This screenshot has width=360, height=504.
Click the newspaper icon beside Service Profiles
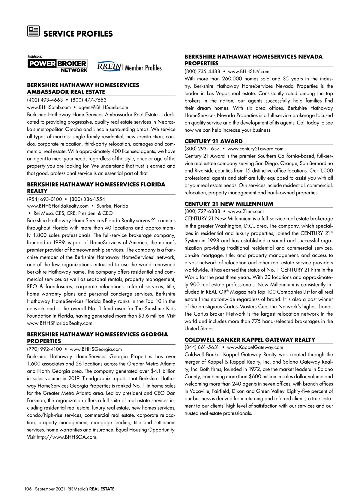coord(33,31)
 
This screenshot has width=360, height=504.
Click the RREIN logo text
coord(109,67)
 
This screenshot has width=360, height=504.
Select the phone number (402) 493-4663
coord(45,100)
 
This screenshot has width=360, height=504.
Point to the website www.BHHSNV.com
coord(248,71)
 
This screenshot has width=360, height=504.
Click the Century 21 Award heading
coord(213,141)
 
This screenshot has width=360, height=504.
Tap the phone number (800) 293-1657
coord(202,148)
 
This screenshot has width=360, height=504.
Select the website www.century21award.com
coord(255,148)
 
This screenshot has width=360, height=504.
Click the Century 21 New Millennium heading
coord(229,204)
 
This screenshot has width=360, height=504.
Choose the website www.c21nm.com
coord(246,211)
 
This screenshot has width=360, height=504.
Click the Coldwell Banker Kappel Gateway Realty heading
coord(250,340)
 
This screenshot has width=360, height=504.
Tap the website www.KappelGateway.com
coord(255,347)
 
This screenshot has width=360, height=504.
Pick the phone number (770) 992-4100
coord(44,349)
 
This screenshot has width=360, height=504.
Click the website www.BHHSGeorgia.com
coord(96,349)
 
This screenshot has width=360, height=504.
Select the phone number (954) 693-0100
coord(44,199)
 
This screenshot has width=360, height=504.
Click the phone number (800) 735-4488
coord(202,71)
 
